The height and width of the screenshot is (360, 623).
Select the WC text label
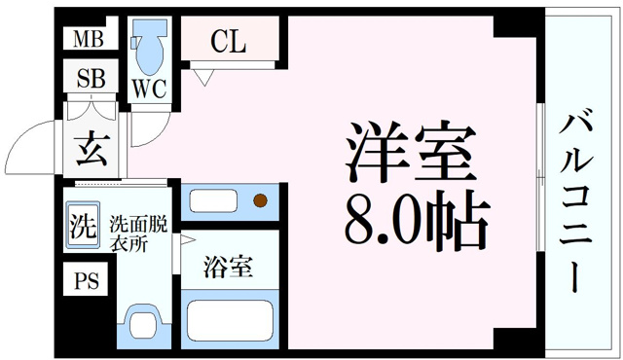[x=148, y=89]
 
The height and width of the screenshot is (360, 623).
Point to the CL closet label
[x=230, y=42]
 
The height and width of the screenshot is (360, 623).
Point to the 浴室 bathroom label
[x=229, y=266]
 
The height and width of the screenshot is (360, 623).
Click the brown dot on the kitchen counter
[x=260, y=201]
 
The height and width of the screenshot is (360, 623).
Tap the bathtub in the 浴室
[x=232, y=318]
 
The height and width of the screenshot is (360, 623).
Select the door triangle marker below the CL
[x=202, y=76]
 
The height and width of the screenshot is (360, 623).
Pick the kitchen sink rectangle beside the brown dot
[x=219, y=201]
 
